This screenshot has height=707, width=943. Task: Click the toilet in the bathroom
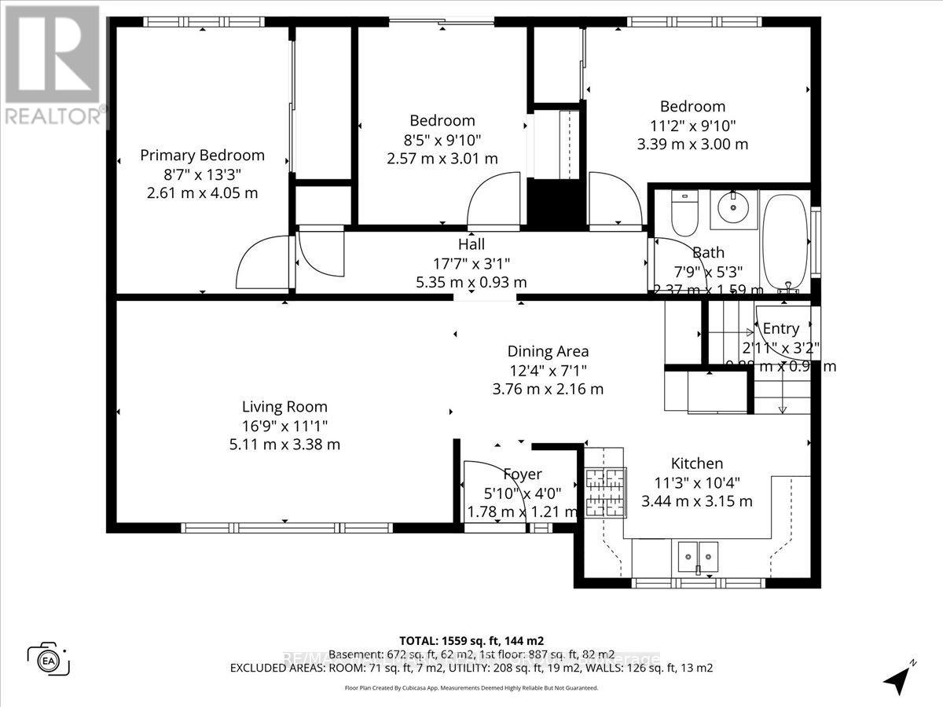(x=684, y=213)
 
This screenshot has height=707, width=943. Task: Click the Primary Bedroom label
(x=202, y=156)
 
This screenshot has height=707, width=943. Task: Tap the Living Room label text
(x=284, y=407)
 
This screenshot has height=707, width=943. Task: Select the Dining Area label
(x=548, y=351)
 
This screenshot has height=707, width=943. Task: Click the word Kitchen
(x=696, y=463)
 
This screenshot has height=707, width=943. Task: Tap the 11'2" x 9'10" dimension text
(x=692, y=126)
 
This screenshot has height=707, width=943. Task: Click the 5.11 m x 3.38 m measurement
(x=284, y=445)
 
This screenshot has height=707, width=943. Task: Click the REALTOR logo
(x=52, y=63)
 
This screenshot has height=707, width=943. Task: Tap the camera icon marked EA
(x=49, y=658)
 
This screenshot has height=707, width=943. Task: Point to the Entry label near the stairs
(x=780, y=328)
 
